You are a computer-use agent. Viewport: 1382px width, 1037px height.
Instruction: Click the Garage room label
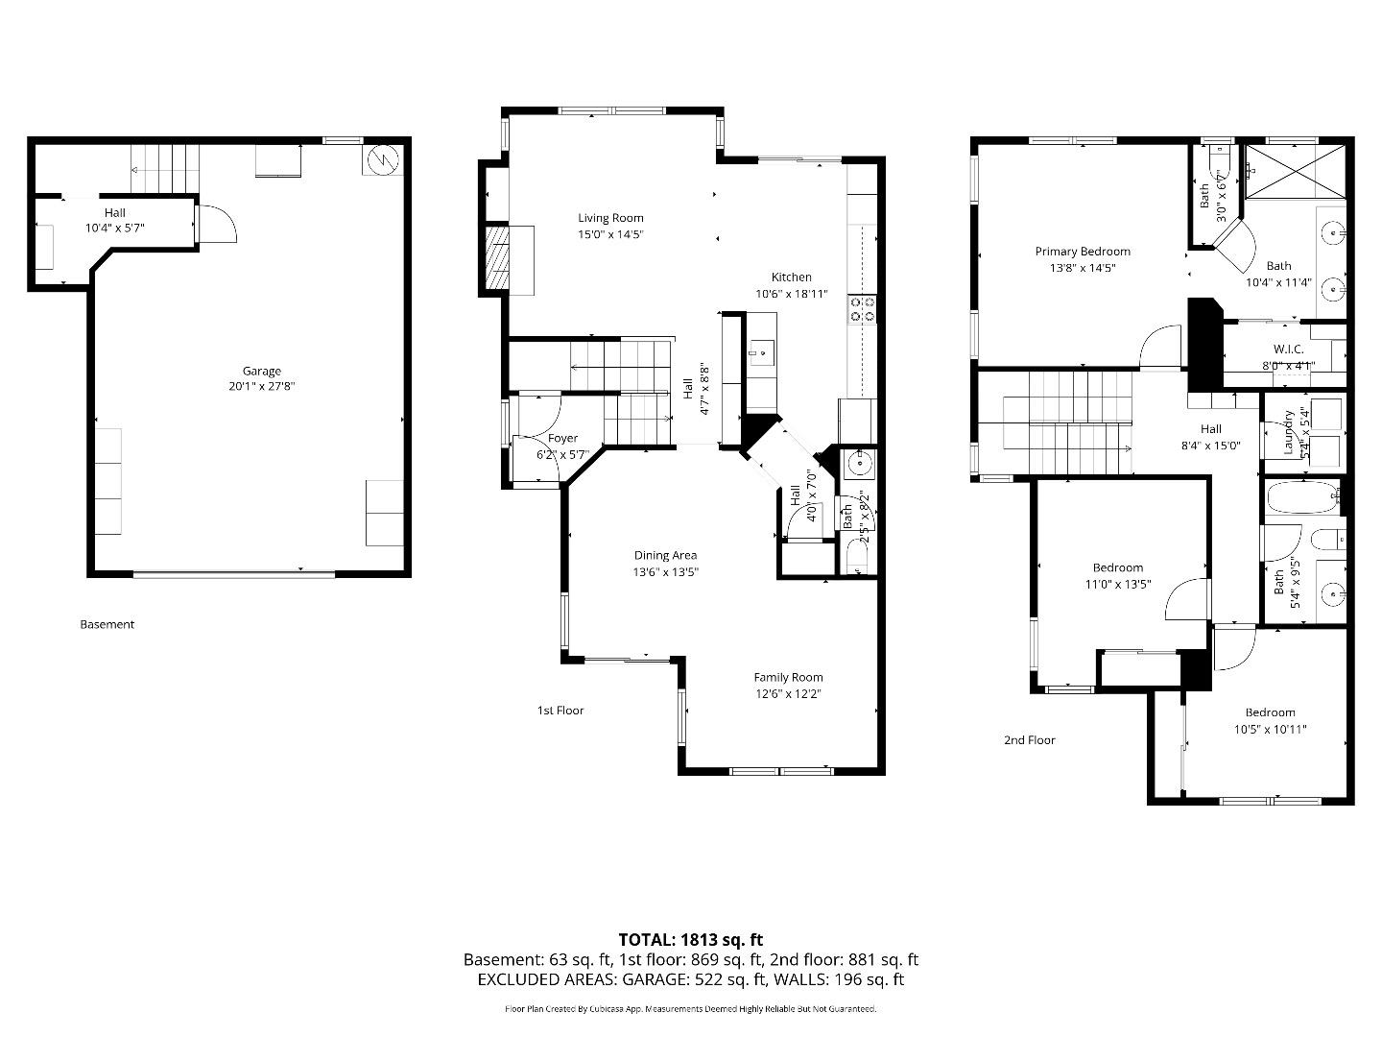(261, 371)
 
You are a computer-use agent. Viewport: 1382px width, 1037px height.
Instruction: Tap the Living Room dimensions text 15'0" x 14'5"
(609, 234)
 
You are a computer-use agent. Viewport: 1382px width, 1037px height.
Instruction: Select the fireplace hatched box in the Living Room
(495, 257)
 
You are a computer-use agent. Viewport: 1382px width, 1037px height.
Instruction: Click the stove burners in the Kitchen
(862, 309)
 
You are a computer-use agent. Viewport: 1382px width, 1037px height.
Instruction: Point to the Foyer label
(562, 438)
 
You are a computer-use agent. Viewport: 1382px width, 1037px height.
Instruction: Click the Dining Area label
(665, 555)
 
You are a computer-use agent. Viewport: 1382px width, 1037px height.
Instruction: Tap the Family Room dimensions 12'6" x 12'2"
(788, 693)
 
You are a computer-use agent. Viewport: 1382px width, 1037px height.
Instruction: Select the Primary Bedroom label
(1083, 252)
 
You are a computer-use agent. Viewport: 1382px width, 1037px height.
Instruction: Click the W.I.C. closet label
(1288, 350)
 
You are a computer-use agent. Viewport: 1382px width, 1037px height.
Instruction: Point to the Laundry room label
(1288, 432)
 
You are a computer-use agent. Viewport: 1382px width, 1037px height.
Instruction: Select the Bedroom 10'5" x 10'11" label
(1270, 712)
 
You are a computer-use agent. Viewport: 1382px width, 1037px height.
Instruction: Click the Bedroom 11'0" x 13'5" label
(1118, 567)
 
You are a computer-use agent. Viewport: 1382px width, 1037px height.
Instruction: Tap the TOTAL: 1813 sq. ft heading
(690, 940)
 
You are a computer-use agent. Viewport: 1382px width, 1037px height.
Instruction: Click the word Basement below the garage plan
(107, 624)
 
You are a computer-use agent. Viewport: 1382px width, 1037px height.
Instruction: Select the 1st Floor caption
(560, 711)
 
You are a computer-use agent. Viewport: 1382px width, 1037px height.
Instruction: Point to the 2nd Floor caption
(1029, 740)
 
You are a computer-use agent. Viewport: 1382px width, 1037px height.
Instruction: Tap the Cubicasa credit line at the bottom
(690, 1009)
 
